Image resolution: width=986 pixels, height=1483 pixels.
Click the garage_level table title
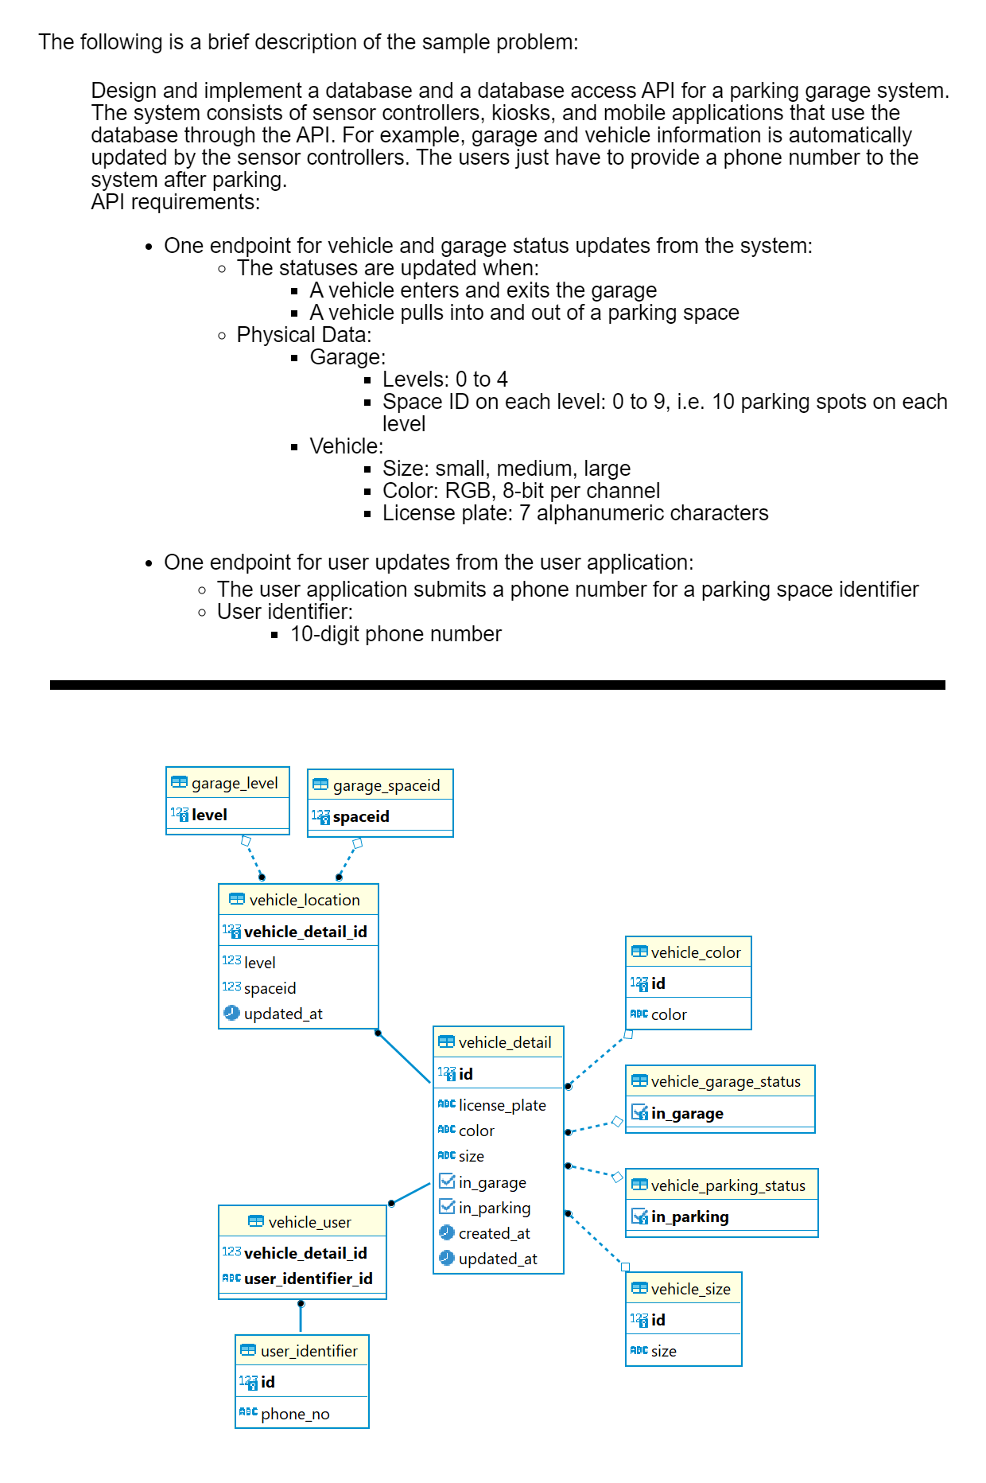[235, 783]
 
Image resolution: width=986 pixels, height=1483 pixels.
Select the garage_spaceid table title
[386, 785]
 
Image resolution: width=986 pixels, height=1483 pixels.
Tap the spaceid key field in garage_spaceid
[361, 816]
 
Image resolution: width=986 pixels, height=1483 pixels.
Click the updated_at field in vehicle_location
[283, 1014]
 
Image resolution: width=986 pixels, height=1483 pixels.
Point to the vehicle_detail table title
[505, 1042]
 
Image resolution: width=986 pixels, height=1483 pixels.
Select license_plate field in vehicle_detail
[503, 1105]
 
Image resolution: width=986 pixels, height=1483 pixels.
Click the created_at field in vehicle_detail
[495, 1233]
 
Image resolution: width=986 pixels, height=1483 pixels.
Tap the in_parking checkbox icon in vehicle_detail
[447, 1207]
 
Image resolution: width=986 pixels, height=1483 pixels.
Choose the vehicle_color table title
[696, 952]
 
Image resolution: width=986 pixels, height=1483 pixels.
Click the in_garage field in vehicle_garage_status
[687, 1113]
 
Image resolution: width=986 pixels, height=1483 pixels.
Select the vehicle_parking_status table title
[728, 1185]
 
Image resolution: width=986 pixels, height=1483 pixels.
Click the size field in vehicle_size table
[664, 1351]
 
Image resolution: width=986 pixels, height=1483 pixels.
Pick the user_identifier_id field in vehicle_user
[309, 1279]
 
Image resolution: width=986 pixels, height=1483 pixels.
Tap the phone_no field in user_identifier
[295, 1414]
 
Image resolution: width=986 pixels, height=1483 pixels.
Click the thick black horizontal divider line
[498, 684]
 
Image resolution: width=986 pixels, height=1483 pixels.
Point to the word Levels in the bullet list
[410, 380]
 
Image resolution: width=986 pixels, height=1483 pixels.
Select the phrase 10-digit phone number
[396, 634]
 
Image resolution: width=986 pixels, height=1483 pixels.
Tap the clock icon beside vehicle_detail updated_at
[447, 1258]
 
